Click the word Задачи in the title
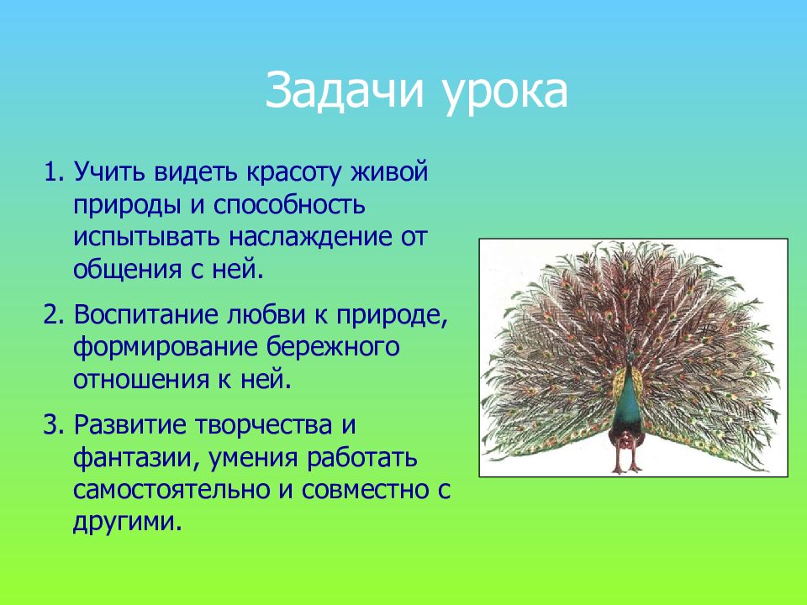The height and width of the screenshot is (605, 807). (x=345, y=91)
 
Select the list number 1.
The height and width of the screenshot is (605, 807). (x=53, y=171)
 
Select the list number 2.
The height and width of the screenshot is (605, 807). (x=53, y=314)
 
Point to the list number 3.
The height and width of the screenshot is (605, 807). (x=53, y=424)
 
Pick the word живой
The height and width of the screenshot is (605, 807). (x=389, y=171)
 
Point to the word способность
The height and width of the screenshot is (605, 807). (x=289, y=204)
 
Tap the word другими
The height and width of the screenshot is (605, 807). (x=128, y=522)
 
